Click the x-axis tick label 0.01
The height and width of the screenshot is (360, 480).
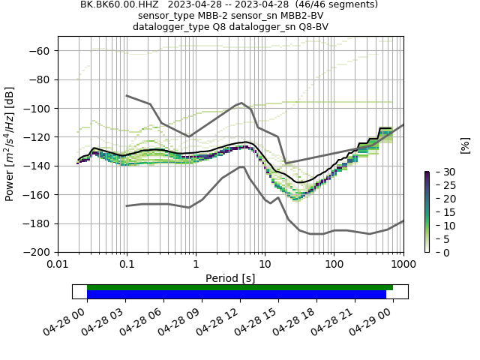point(58,265)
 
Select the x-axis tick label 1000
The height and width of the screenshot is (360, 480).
point(403,265)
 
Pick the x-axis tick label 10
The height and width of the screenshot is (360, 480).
point(265,265)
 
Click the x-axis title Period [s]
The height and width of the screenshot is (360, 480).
point(230,277)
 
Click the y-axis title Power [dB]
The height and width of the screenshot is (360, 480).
point(10,144)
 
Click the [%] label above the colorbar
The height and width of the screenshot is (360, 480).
point(465,144)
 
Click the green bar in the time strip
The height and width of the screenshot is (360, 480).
point(240,287)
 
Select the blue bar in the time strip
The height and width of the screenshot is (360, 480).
point(236,295)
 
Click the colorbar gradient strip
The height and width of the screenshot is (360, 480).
point(427,211)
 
